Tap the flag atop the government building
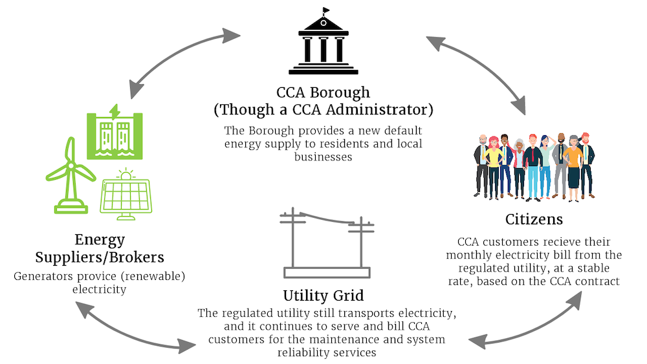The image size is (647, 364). click(x=325, y=10)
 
